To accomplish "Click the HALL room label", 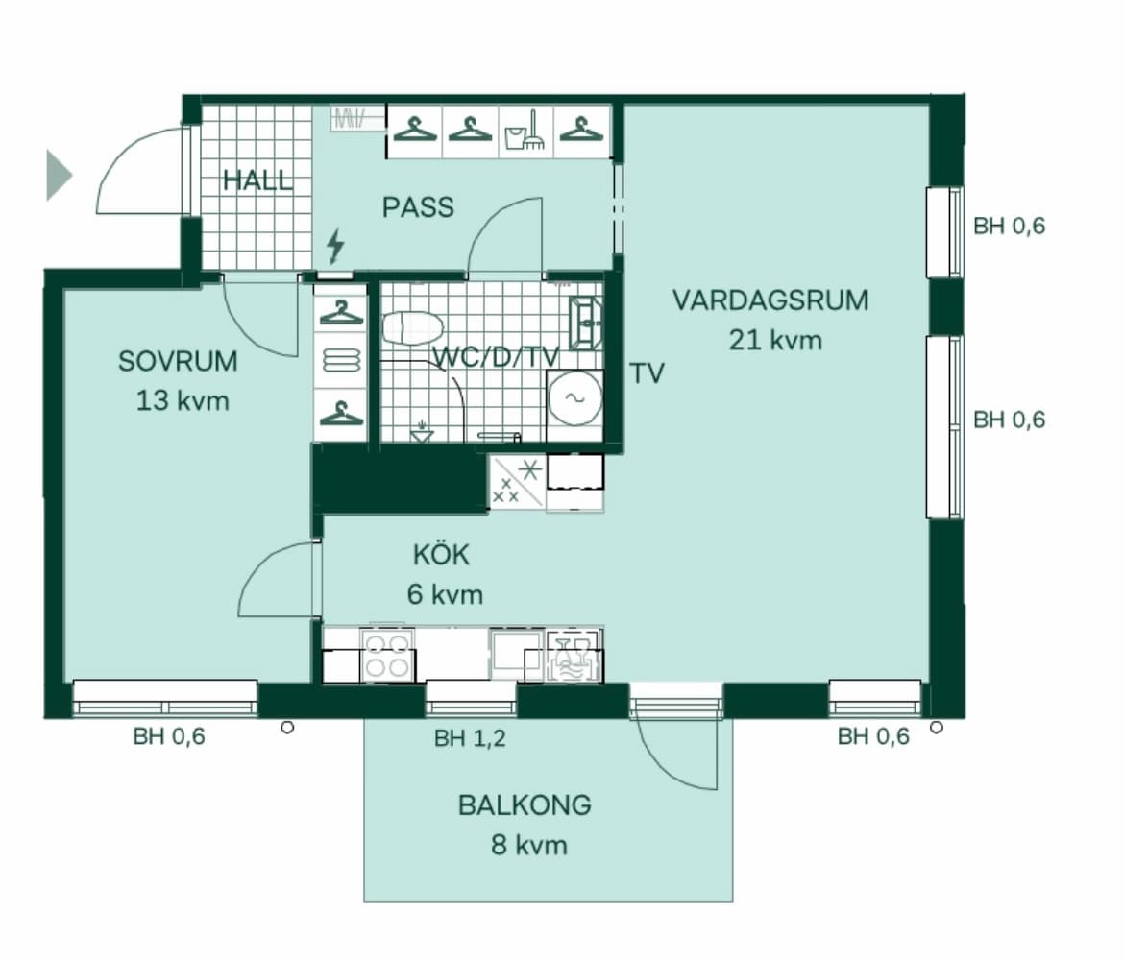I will [257, 180].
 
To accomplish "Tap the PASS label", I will [418, 207].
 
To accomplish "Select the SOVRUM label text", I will [178, 362].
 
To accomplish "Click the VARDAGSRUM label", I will [770, 300].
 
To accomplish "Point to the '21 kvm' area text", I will [775, 340].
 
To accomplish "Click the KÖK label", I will [443, 556].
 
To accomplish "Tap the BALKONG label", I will [525, 805].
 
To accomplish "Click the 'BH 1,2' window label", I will [470, 738].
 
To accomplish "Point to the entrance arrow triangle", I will [59, 176].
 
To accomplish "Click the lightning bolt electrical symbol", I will [335, 247].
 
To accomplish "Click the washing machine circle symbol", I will [574, 398].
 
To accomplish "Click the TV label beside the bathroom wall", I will [648, 373].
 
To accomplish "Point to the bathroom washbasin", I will [585, 323].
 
